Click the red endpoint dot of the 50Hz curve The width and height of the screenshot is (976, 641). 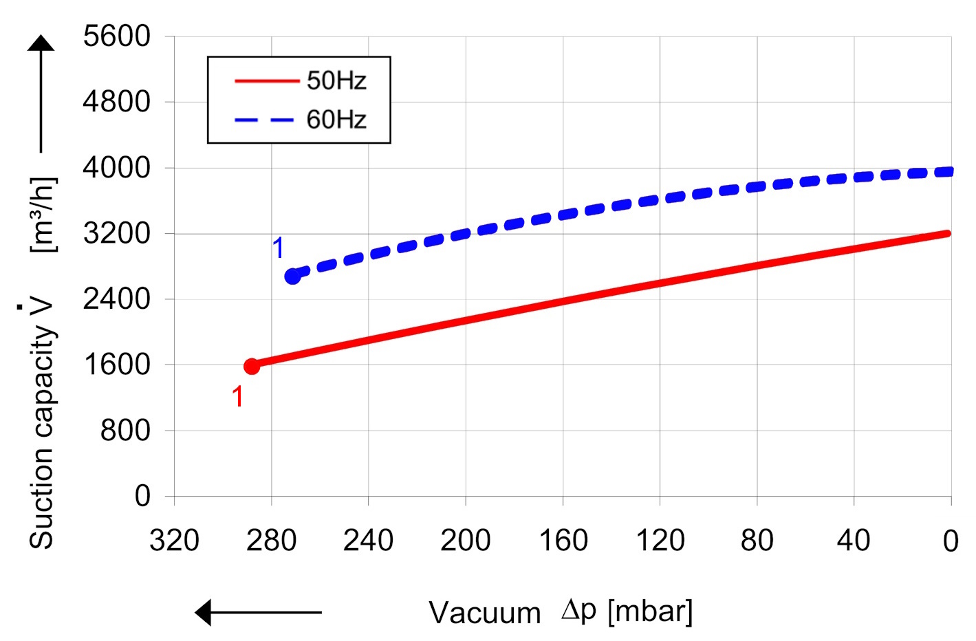[x=252, y=366]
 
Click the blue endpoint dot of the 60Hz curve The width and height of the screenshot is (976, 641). [x=292, y=276]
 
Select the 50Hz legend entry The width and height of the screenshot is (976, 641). [x=336, y=81]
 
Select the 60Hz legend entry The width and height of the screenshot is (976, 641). [x=336, y=120]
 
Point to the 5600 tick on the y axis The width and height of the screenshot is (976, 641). [x=116, y=36]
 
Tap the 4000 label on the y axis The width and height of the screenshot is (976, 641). [x=116, y=167]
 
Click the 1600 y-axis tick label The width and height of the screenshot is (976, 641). [x=116, y=364]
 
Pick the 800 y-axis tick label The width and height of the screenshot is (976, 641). [x=125, y=430]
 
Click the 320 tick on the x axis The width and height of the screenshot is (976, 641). [x=174, y=541]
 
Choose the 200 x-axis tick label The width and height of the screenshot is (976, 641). [x=465, y=541]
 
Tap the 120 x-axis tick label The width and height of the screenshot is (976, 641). [x=660, y=541]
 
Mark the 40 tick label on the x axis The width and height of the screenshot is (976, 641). [x=854, y=541]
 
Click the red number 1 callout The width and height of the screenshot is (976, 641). [x=237, y=397]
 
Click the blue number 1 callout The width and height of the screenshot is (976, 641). [x=279, y=248]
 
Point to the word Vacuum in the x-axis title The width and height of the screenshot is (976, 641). [x=484, y=612]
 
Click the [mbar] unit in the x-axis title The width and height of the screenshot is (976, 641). [x=650, y=611]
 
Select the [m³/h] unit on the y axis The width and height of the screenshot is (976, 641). [x=43, y=215]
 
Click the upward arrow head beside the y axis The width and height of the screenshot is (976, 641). [x=41, y=43]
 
